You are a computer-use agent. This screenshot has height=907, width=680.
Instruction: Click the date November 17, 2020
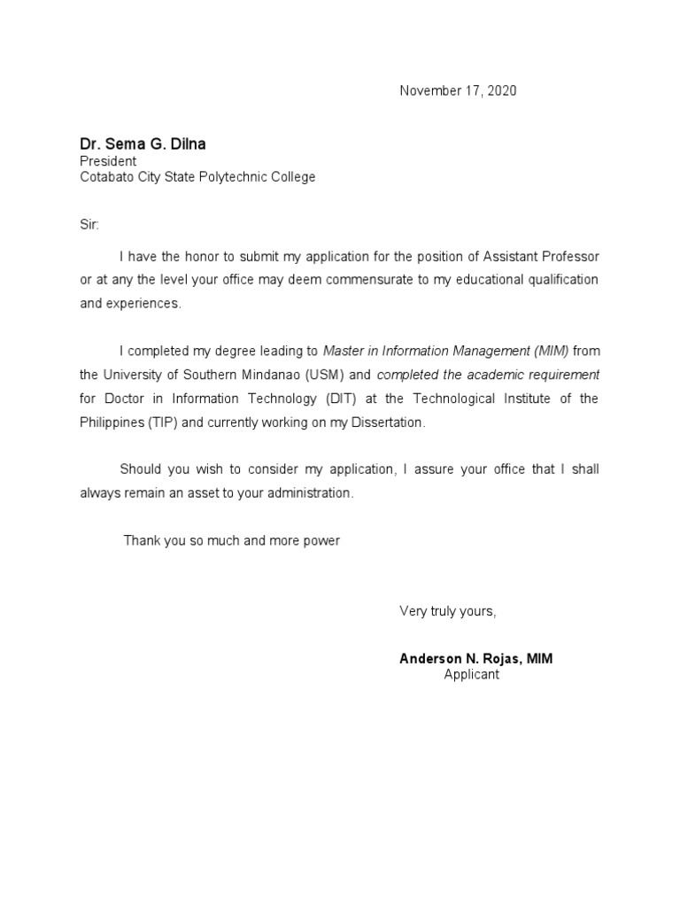(x=458, y=90)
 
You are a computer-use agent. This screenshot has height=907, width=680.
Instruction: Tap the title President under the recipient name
(x=108, y=161)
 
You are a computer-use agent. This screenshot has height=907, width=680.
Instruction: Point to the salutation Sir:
(x=90, y=225)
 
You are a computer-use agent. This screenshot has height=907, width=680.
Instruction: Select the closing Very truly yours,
(x=448, y=611)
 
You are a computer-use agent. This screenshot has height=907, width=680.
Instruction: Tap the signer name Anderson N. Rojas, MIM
(x=476, y=659)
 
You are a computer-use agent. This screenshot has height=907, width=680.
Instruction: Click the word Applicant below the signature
(x=472, y=675)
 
